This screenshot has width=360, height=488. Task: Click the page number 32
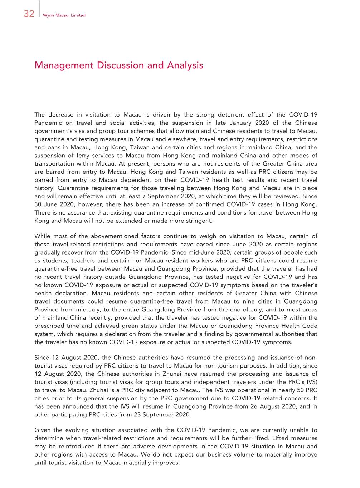point(29,14)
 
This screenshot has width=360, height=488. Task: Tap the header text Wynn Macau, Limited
point(64,15)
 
